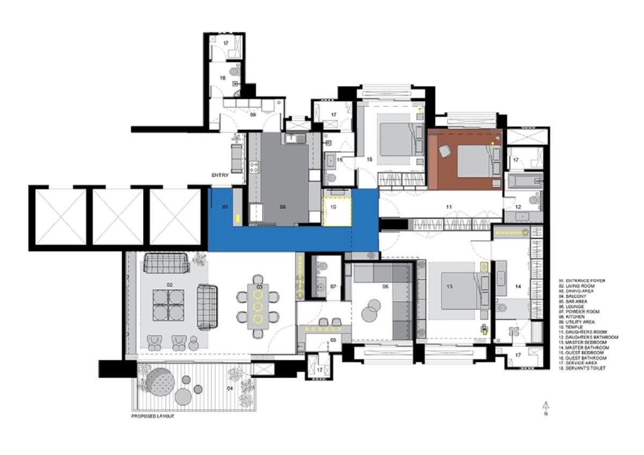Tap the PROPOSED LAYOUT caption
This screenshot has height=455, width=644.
[x=153, y=416]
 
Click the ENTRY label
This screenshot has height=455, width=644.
[x=220, y=175]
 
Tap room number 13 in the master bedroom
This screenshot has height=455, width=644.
[x=449, y=287]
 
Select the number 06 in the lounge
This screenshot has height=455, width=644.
[x=385, y=287]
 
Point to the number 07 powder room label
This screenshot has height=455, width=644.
[x=333, y=287]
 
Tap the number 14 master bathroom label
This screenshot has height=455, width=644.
[x=518, y=287]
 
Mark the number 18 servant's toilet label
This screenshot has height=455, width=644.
[x=221, y=78]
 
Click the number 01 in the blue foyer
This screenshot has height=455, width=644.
[x=225, y=206]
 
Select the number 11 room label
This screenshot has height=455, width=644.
[x=449, y=206]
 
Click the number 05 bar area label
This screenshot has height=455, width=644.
[x=333, y=340]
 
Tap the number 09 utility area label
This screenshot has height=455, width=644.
[x=252, y=114]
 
